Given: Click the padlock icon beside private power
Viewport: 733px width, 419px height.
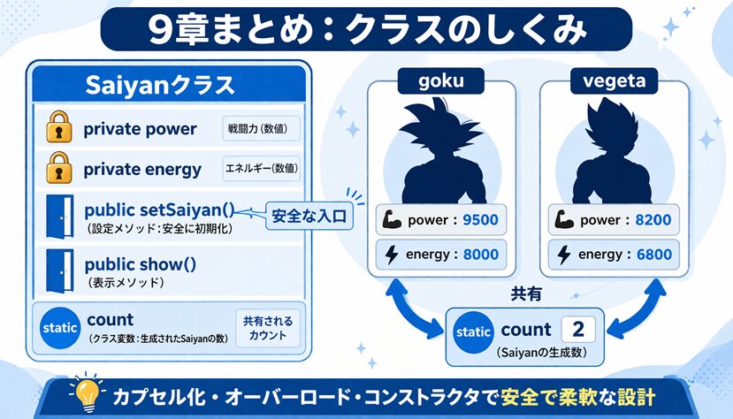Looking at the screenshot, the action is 59,126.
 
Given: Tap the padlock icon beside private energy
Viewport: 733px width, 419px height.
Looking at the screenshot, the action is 59,167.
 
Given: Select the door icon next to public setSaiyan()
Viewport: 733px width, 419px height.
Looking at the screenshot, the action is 60,217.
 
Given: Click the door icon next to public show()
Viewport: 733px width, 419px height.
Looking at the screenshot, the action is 60,270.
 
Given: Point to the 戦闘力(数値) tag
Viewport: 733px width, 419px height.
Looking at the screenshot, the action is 261,128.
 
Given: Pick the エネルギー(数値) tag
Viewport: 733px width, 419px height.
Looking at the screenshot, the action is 261,168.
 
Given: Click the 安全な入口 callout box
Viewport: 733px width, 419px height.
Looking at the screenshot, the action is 309,216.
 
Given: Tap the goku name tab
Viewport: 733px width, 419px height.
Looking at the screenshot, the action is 441,80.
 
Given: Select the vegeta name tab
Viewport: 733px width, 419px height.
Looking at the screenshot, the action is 614,80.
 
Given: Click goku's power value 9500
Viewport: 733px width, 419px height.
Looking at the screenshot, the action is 481,219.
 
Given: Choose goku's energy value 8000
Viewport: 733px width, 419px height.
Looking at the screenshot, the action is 481,255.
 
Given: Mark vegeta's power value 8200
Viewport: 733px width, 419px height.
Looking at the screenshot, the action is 653,219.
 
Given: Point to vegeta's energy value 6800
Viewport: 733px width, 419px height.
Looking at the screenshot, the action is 654,255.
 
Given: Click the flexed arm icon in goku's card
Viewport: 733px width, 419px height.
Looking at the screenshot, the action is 392,219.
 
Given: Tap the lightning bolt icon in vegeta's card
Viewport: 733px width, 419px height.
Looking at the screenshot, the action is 564,255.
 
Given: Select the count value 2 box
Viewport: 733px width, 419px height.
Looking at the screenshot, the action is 577,330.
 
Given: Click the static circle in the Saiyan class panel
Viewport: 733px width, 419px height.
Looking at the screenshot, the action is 60,328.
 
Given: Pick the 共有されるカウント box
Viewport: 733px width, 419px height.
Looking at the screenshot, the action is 267,328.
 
